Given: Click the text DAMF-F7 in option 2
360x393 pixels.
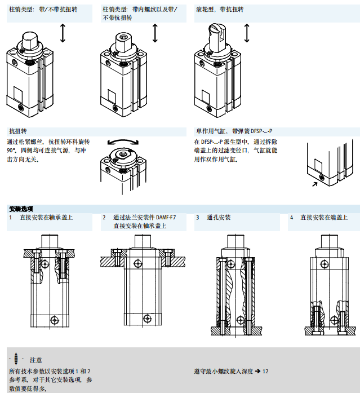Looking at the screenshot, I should click(165, 218).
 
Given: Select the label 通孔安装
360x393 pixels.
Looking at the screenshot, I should click(219, 218).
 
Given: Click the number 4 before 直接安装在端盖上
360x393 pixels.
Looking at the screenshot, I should click(291, 218).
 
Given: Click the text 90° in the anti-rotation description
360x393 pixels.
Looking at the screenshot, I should click(12, 151).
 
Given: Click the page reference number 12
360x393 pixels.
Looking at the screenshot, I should click(265, 371).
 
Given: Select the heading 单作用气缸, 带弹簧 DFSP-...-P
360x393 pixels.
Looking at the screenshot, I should click(238, 131).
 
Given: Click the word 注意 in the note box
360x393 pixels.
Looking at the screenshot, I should click(35, 360).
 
